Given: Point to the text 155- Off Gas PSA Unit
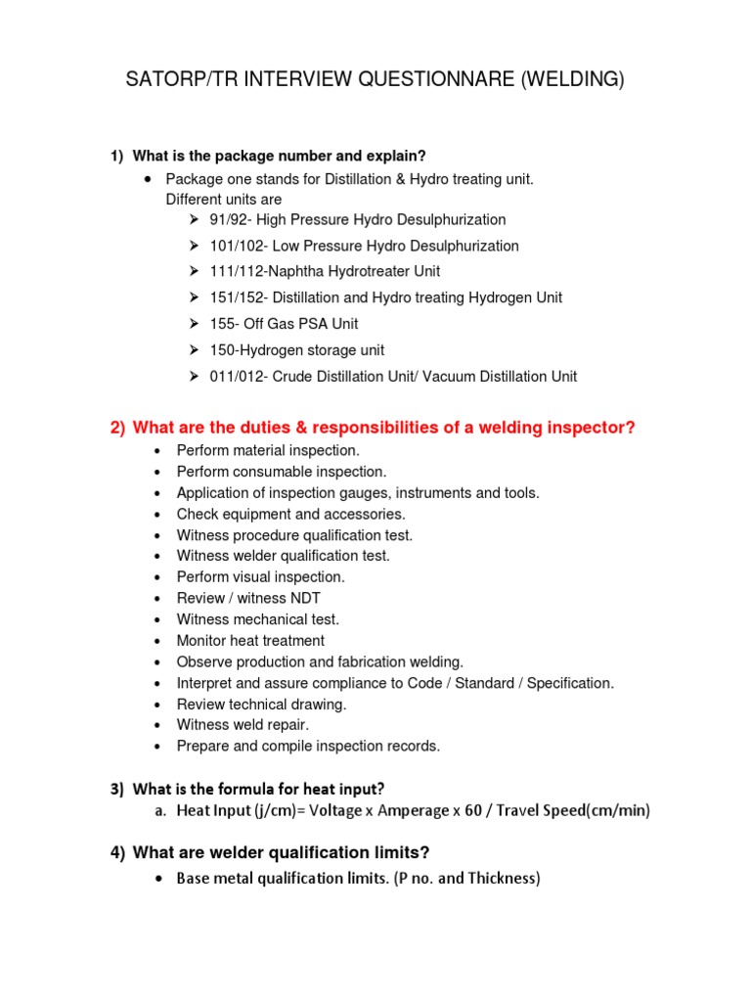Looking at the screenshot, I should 284,324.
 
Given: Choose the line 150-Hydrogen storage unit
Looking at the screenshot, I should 296,350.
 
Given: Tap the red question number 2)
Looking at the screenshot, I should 117,428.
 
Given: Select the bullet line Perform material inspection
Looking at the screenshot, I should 268,450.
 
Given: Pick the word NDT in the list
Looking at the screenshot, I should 303,598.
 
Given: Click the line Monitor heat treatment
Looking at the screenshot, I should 250,641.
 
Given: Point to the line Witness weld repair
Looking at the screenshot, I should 243,725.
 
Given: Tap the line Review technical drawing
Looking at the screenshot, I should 261,704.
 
